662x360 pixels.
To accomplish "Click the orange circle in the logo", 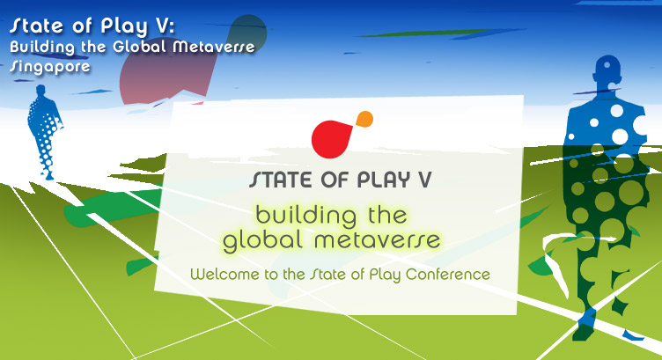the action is [x=364, y=119].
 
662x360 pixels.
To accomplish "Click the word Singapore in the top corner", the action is [x=50, y=66].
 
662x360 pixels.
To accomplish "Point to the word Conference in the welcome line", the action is [x=448, y=275].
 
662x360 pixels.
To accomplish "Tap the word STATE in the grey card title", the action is [x=280, y=180].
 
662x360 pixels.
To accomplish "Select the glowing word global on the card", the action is [x=262, y=240].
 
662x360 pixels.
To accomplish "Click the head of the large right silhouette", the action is [x=607, y=70].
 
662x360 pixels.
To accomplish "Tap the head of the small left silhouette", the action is [x=40, y=90].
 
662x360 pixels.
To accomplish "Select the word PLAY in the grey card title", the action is [x=383, y=180].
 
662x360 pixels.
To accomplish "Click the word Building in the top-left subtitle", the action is [x=42, y=47].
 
